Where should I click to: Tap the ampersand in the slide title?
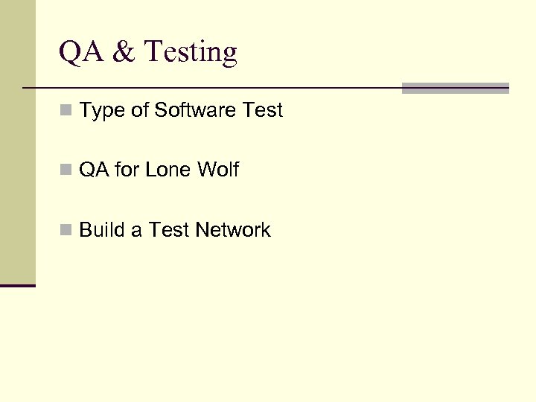click(121, 53)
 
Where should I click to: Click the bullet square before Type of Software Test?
click(66, 111)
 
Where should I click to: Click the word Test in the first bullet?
click(263, 110)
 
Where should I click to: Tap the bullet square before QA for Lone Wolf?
click(66, 170)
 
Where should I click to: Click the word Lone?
click(168, 170)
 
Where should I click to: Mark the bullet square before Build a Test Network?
click(66, 231)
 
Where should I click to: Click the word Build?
click(102, 230)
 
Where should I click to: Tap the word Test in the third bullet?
click(169, 230)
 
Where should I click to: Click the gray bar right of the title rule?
click(455, 88)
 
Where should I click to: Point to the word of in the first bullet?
click(141, 110)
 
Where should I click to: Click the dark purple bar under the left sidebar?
click(18, 285)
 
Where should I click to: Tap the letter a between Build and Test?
click(136, 231)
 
